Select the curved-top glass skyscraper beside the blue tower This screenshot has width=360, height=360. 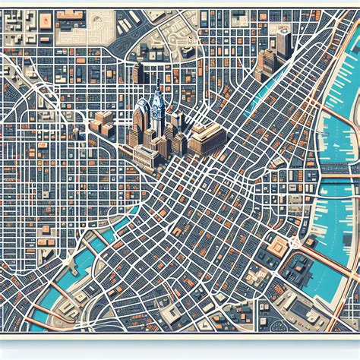point(141,122)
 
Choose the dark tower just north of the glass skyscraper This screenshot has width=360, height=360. point(138,74)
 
